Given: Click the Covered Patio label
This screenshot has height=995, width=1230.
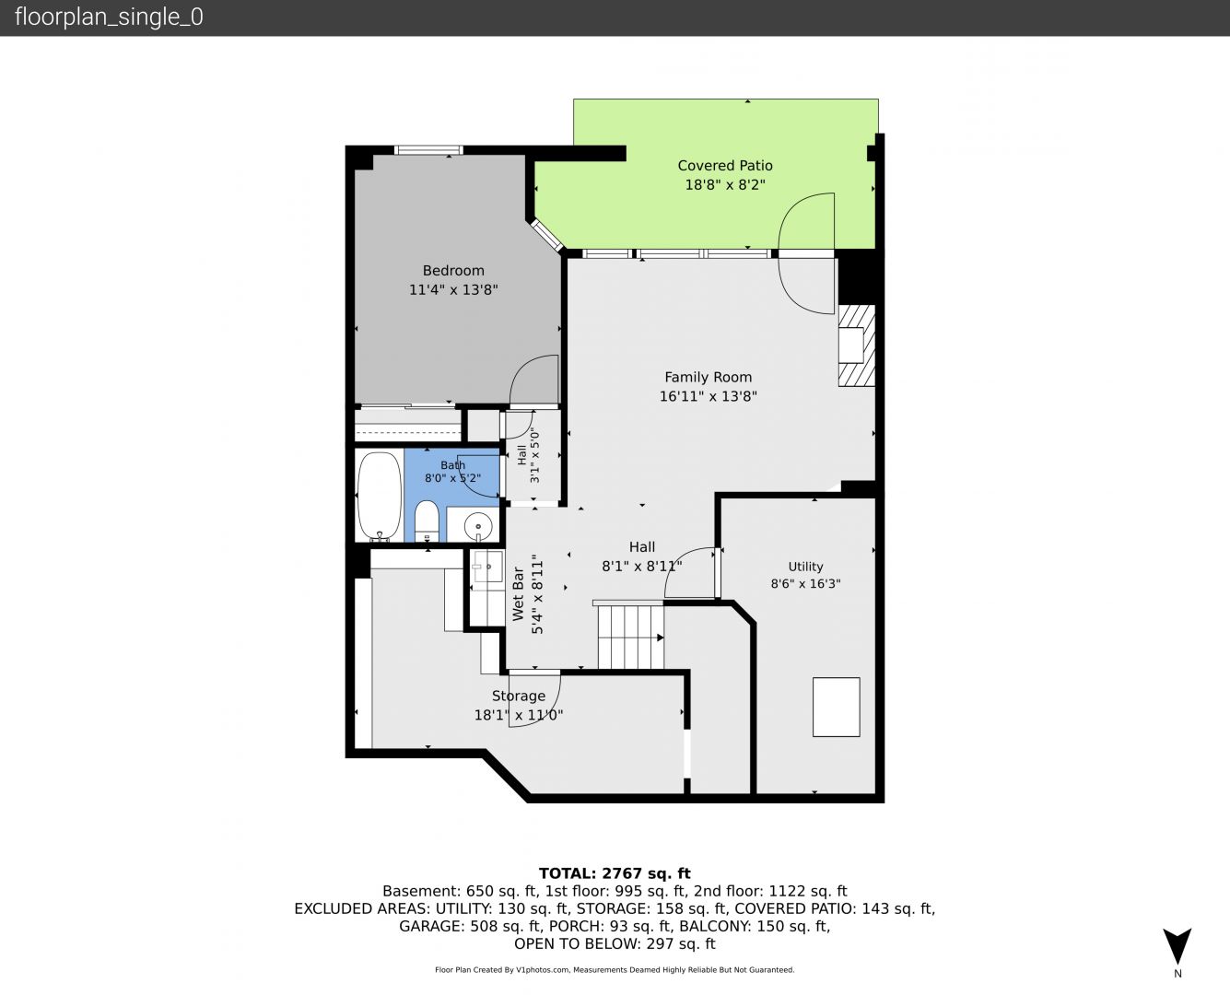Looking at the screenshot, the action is click(725, 166).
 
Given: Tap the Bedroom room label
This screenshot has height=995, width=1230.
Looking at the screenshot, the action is click(453, 270).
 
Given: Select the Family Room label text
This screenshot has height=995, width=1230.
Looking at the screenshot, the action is click(708, 377).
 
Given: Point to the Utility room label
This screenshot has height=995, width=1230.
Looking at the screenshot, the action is click(805, 567).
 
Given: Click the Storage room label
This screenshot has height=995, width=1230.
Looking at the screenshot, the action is click(519, 696).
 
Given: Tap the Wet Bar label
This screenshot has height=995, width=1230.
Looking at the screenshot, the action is click(518, 594).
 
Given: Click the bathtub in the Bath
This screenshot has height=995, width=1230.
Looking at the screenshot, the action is click(380, 496).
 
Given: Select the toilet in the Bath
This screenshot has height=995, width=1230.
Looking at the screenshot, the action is click(428, 521).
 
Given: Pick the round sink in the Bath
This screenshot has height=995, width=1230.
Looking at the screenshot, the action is click(478, 525).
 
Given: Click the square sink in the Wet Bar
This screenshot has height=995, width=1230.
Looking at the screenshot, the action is click(488, 567).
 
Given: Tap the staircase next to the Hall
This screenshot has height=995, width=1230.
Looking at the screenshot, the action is click(630, 635).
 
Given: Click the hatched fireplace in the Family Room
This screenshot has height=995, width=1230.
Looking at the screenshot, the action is click(856, 345).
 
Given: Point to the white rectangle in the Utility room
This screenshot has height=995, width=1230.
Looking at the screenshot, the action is click(837, 708).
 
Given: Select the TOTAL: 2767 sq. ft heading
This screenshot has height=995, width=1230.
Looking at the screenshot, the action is click(615, 873).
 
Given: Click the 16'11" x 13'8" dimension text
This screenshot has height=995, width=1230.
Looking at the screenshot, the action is click(708, 396).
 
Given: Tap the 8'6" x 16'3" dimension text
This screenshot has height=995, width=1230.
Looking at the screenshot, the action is click(805, 584).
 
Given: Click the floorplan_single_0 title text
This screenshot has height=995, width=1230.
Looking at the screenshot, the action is click(109, 18).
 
